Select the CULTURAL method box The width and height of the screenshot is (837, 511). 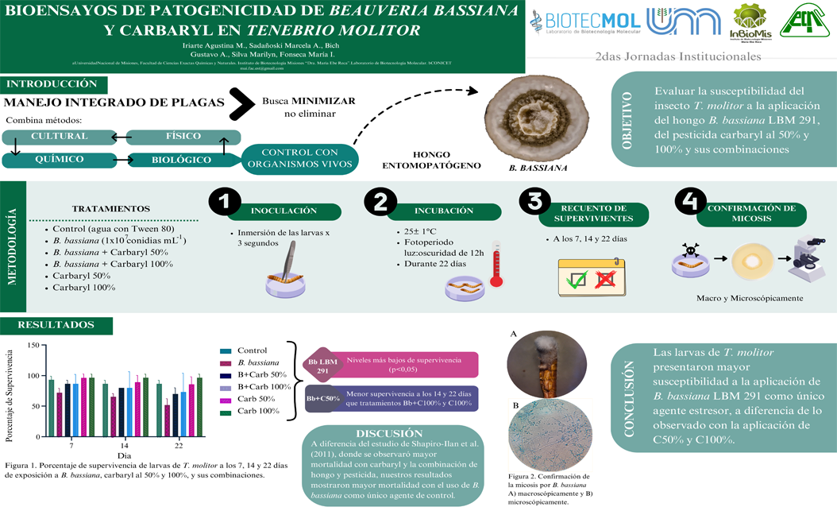click(59, 137)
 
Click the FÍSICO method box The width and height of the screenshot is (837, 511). click(177, 137)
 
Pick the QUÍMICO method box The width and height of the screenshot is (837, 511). click(59, 159)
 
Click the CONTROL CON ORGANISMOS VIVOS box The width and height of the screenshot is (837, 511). click(299, 157)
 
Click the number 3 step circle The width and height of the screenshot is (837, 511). click(534, 203)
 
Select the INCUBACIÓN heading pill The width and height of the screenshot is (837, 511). click(444, 211)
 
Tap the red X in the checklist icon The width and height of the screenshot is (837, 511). click(606, 280)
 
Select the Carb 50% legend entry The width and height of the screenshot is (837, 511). click(253, 399)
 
